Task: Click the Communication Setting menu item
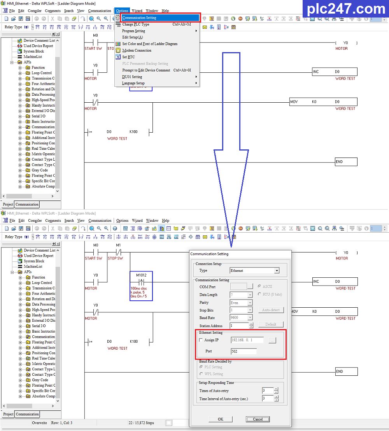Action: [139, 18]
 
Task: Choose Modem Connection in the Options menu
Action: [137, 50]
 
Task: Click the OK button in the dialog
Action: [221, 419]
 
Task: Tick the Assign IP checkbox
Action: [201, 340]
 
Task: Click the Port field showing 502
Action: [244, 351]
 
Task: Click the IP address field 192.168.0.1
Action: [247, 340]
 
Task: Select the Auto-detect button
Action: [271, 310]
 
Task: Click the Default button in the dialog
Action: [271, 324]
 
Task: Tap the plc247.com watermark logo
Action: [345, 9]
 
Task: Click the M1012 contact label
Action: [141, 275]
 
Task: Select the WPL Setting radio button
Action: [201, 374]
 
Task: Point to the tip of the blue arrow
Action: [231, 247]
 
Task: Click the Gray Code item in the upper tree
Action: [40, 170]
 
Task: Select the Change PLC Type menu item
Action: [136, 24]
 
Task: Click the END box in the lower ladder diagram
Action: [346, 371]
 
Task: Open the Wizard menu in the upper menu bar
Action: [137, 11]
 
